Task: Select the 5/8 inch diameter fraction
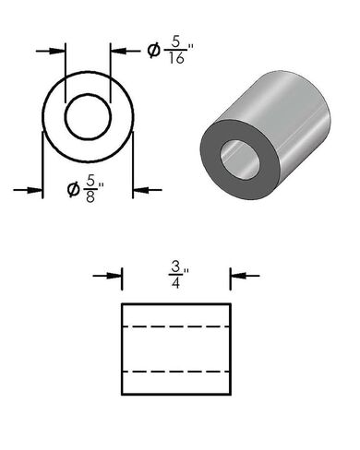(x=91, y=191)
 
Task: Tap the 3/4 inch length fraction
(x=176, y=274)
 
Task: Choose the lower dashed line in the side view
(x=175, y=371)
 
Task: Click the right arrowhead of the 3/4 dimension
(x=236, y=274)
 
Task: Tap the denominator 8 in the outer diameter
(x=90, y=198)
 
